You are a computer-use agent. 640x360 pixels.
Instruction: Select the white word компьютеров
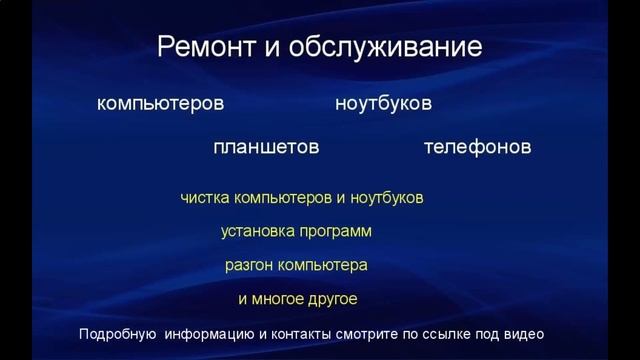pos(161,104)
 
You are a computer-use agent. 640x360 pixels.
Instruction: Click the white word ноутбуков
pos(384,104)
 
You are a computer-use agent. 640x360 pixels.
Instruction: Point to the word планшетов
pos(266,147)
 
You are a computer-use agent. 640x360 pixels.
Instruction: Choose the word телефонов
pos(477,147)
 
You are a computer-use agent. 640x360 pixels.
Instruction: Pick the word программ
pos(337,232)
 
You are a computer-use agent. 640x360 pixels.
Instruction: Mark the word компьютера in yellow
pos(321,266)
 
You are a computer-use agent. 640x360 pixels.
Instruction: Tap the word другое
pos(332,299)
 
